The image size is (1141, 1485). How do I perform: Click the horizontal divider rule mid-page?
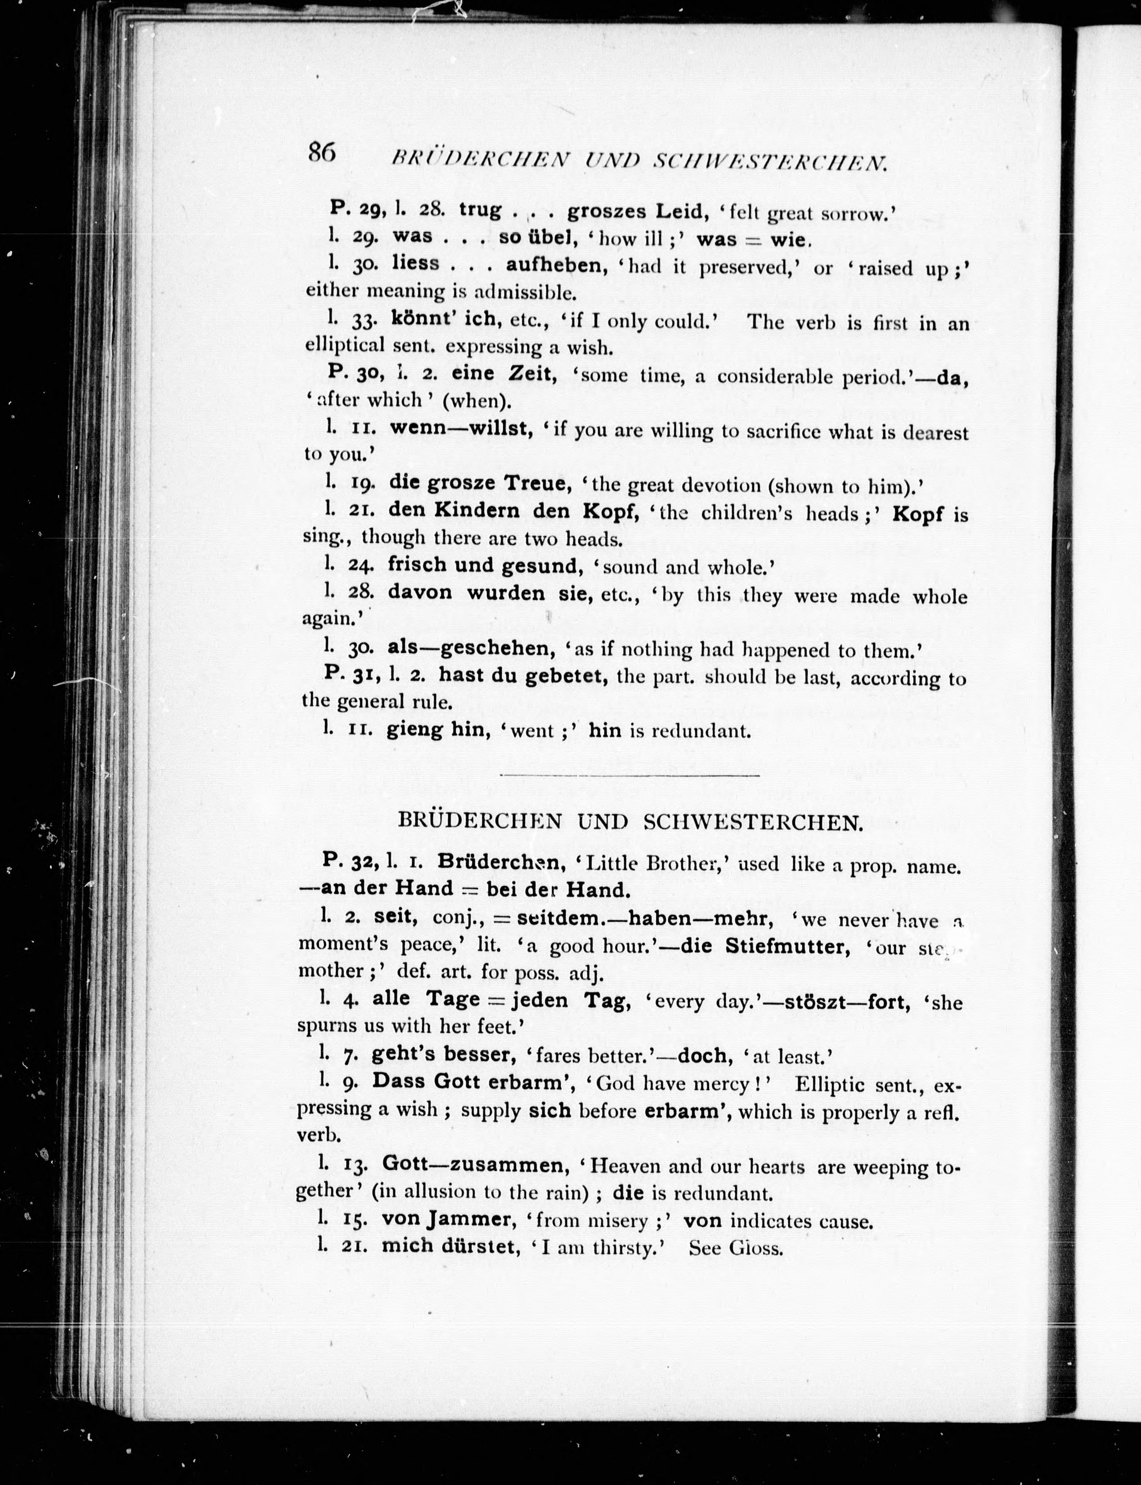pyautogui.click(x=629, y=774)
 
